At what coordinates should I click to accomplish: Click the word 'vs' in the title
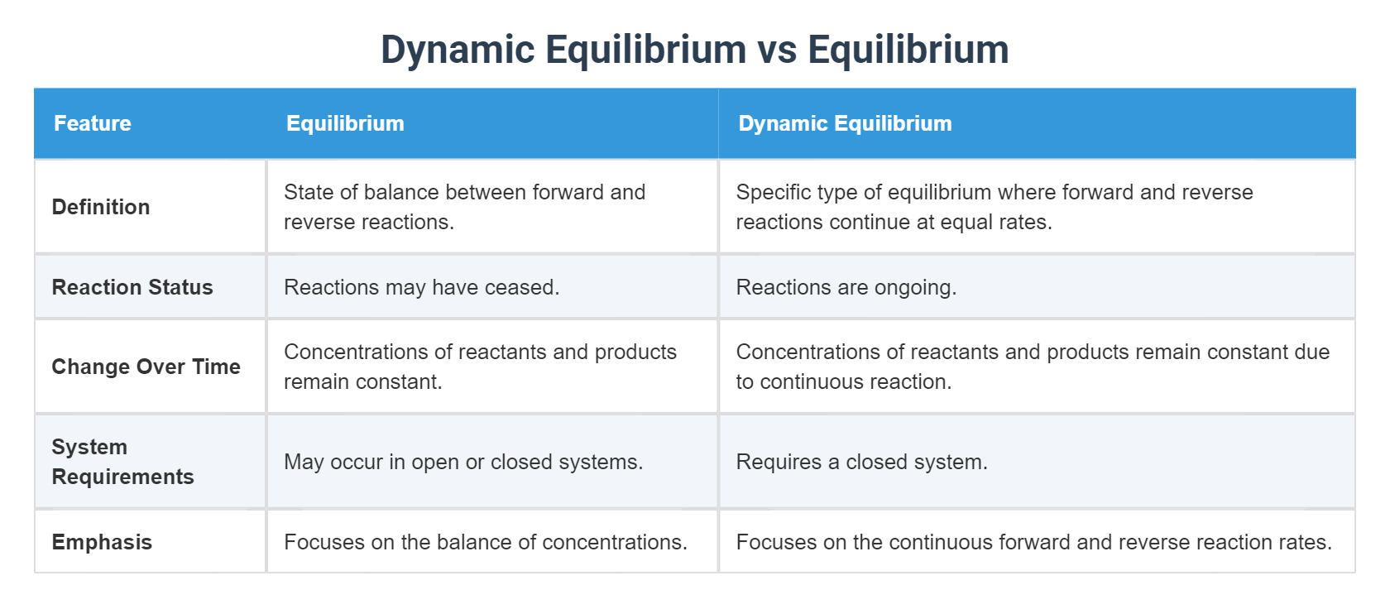(777, 50)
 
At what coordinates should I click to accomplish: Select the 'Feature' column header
(93, 123)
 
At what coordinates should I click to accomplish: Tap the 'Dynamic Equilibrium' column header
(845, 123)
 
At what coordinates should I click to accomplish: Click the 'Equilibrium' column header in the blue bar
(345, 123)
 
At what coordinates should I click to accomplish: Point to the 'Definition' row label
(101, 207)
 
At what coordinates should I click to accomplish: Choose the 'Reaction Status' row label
(132, 287)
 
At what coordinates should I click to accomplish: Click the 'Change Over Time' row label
(146, 367)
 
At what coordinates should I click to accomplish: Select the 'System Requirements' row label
(122, 462)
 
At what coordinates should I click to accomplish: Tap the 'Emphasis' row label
(102, 542)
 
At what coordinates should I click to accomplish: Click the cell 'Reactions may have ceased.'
(421, 287)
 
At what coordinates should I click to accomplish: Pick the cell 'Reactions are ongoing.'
(846, 287)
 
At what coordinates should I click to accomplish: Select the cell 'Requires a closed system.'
(861, 462)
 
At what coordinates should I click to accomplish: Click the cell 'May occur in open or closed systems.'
(463, 462)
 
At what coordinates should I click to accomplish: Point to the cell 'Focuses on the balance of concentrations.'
(486, 542)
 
